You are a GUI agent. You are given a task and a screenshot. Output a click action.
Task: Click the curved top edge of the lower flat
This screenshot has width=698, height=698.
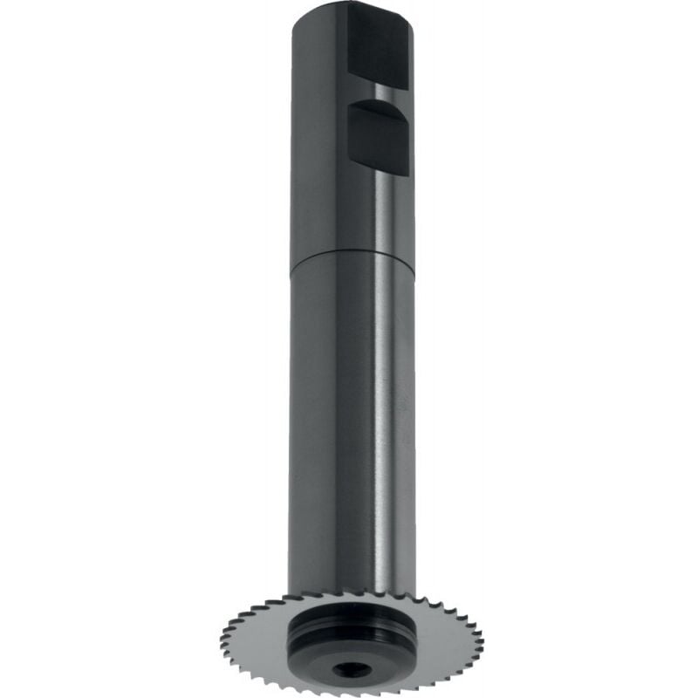(x=378, y=105)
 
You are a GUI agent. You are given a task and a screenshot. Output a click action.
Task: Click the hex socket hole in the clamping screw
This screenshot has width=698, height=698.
(x=350, y=668)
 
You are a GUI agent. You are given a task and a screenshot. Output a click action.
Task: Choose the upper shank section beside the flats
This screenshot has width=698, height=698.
(x=318, y=131)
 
